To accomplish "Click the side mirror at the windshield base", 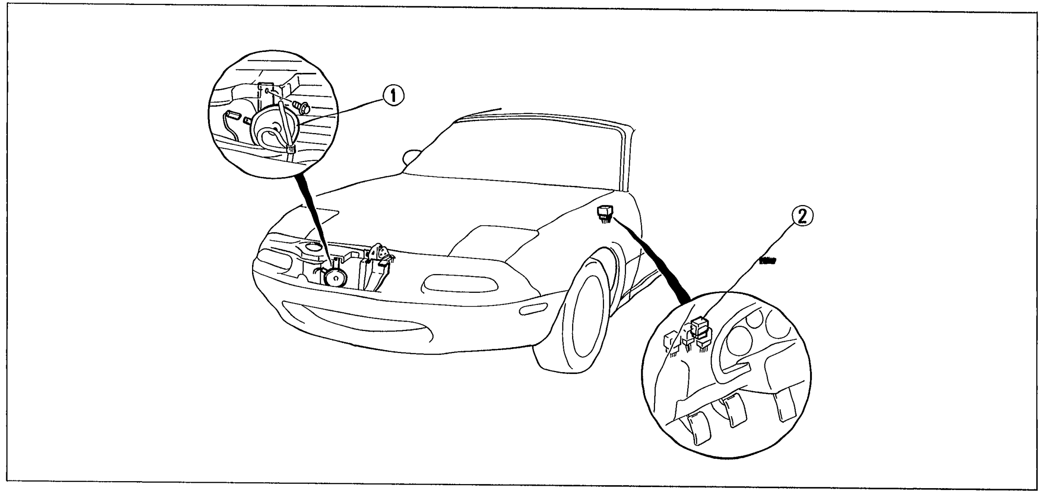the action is [410, 157].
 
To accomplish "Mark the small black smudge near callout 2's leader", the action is [767, 259].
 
